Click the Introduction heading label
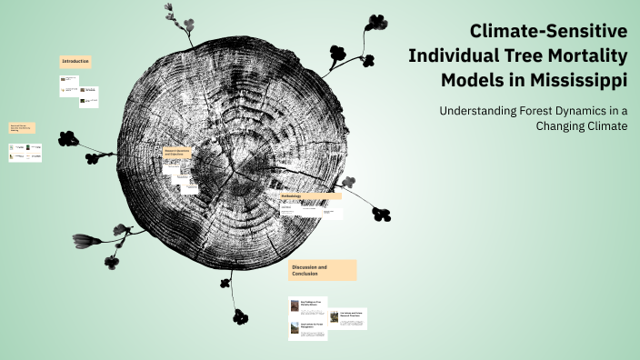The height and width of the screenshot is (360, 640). pos(75,61)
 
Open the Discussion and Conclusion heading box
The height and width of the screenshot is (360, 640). pos(322,270)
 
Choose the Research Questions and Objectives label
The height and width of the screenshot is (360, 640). pos(181,153)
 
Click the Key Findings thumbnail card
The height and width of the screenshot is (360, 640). pos(307,306)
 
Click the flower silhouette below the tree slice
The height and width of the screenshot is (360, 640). pos(240,316)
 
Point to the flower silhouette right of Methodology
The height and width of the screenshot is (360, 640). pos(381,215)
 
